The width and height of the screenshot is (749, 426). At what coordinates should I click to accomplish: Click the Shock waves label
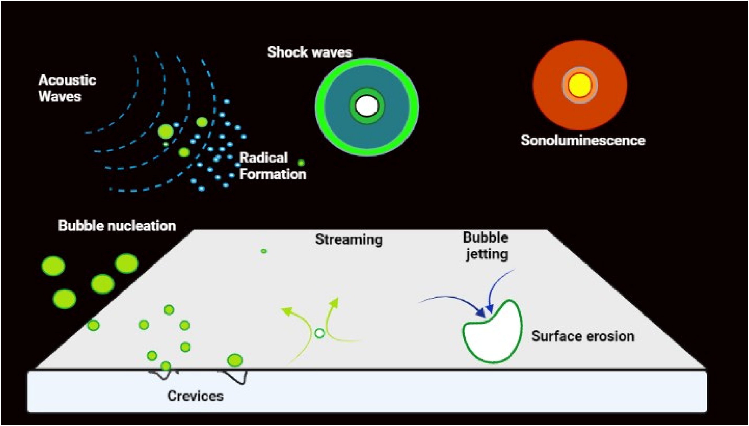[x=309, y=52]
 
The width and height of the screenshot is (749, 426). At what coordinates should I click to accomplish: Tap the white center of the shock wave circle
[x=367, y=106]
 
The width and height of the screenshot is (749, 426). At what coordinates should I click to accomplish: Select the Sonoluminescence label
[x=583, y=140]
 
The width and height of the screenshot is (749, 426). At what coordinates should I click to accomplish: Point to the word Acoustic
[x=67, y=80]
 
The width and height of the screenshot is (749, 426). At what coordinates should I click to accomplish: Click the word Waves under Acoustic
[x=60, y=97]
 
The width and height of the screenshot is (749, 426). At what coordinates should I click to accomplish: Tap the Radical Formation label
[x=272, y=166]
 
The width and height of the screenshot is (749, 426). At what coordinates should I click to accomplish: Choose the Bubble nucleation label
[x=117, y=226]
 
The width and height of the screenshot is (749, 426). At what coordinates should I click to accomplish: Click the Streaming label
[x=349, y=240]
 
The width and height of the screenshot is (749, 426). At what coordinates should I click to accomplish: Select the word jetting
[x=487, y=254]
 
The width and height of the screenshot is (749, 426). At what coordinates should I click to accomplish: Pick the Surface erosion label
[x=583, y=336]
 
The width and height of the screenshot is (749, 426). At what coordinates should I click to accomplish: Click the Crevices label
[x=195, y=396]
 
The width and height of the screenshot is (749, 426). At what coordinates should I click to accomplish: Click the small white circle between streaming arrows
[x=319, y=333]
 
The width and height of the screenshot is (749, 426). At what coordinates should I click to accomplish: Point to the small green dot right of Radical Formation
[x=301, y=163]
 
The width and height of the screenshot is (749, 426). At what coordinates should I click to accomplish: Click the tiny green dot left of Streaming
[x=264, y=251]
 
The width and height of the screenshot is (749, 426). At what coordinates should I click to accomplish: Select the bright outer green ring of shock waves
[x=367, y=61]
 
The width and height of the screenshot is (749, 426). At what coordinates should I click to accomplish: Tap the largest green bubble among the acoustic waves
[x=165, y=131]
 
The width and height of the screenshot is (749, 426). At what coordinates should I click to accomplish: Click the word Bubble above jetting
[x=485, y=238]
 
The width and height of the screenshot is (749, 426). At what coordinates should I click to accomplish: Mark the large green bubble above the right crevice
[x=235, y=361]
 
